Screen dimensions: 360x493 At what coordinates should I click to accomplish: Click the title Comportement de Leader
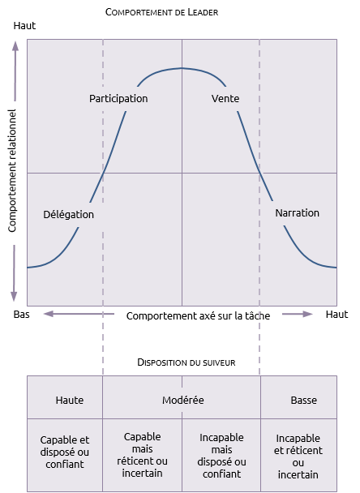(x=161, y=12)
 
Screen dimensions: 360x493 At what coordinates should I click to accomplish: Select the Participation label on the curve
(x=118, y=98)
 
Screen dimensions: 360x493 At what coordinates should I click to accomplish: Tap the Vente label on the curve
(x=225, y=98)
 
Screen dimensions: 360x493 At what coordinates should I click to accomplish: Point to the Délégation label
(x=69, y=214)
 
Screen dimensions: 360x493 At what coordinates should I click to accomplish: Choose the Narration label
(x=297, y=213)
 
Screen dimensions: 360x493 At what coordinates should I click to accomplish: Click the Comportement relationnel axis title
(x=12, y=171)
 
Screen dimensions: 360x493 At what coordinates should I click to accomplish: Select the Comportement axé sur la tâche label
(x=198, y=315)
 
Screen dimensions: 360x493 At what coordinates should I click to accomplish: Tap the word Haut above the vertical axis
(x=24, y=25)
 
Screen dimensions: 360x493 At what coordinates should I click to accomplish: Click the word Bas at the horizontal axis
(x=21, y=314)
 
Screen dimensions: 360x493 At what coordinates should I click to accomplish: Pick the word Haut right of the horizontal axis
(x=336, y=314)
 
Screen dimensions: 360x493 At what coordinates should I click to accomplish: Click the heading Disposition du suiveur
(x=186, y=362)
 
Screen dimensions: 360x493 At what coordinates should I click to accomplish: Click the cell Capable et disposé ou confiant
(x=65, y=452)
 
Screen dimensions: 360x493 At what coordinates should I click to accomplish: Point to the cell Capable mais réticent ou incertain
(x=142, y=455)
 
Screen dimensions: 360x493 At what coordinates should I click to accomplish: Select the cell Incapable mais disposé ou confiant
(x=221, y=456)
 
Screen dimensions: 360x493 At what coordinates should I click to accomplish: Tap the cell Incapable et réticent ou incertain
(x=298, y=457)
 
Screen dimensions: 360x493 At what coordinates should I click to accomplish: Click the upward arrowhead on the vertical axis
(x=15, y=45)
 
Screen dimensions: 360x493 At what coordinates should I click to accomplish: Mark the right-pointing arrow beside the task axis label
(x=297, y=314)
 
